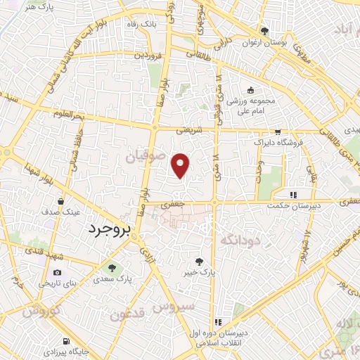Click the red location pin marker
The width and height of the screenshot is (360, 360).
click(181, 165)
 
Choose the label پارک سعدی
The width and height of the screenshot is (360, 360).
click(111, 279)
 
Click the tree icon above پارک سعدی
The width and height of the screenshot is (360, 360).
click(111, 267)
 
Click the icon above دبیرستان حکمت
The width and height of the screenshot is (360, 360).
click(293, 195)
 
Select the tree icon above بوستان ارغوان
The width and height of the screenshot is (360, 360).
click(265, 32)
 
